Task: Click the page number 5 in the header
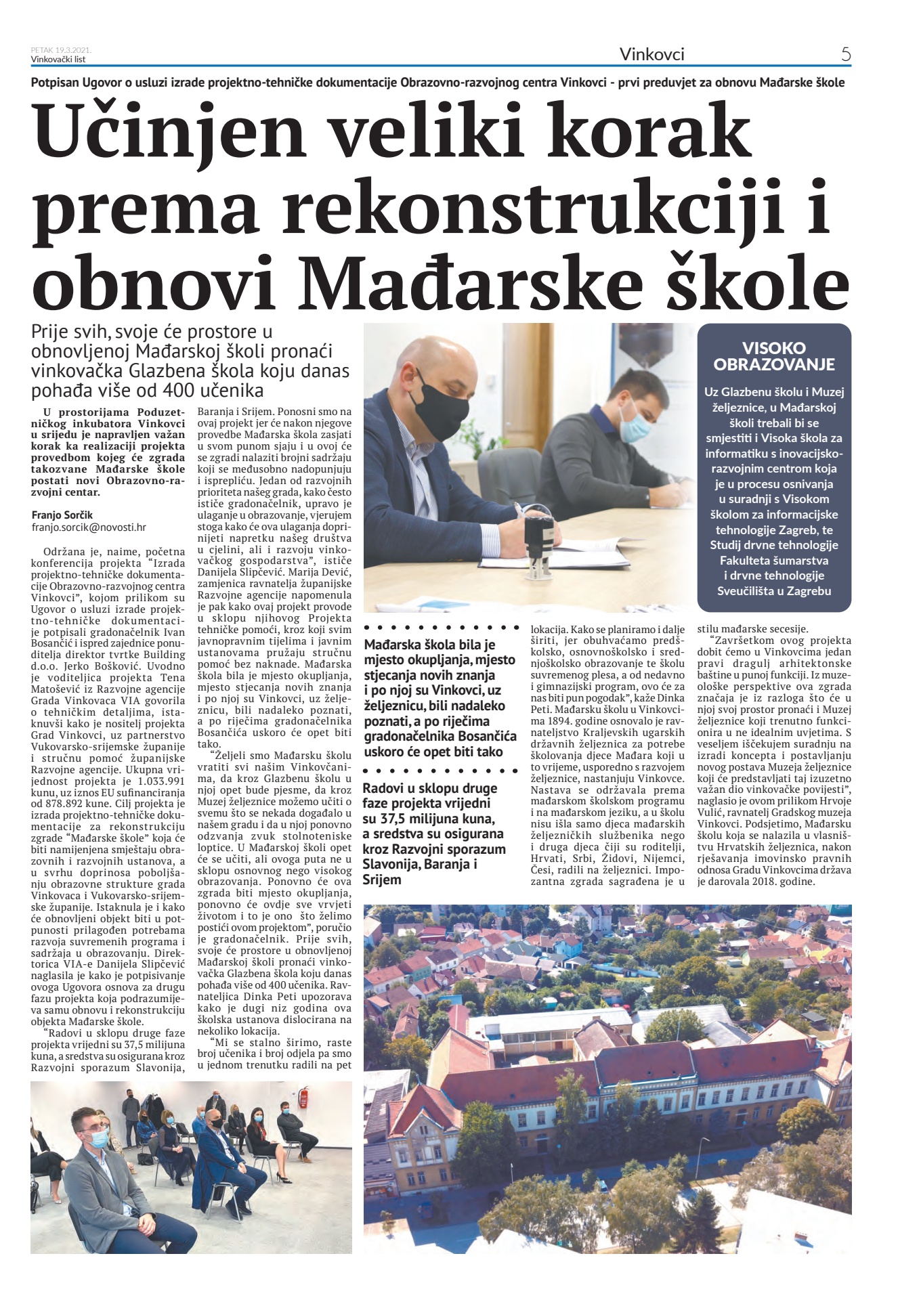pyautogui.click(x=845, y=54)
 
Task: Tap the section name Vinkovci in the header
pyautogui.click(x=651, y=54)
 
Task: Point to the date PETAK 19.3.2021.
pyautogui.click(x=61, y=50)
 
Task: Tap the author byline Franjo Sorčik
pyautogui.click(x=62, y=515)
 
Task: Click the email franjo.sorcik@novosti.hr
pyautogui.click(x=89, y=527)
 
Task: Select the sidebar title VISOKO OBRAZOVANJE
pyautogui.click(x=774, y=356)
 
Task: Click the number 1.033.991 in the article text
pyautogui.click(x=162, y=780)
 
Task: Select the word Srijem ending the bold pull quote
pyautogui.click(x=382, y=880)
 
